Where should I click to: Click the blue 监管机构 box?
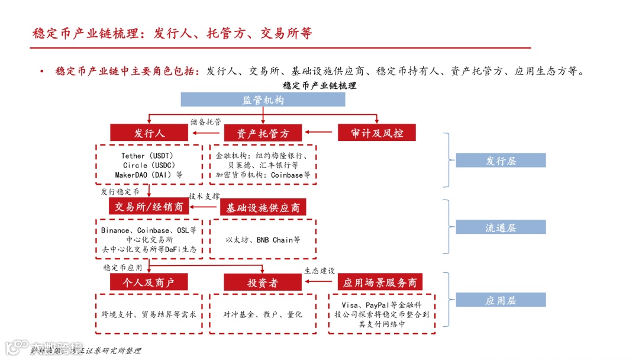[x=263, y=99]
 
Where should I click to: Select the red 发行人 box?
[x=149, y=133]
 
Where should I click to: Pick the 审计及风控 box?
[x=376, y=133]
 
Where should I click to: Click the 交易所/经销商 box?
[x=149, y=207]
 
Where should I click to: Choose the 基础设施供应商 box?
[x=263, y=207]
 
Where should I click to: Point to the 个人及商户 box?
[x=149, y=282]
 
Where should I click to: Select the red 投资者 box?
[x=263, y=282]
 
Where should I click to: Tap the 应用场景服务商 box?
[x=380, y=282]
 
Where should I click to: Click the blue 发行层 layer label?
[x=501, y=160]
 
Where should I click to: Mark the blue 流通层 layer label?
[x=501, y=227]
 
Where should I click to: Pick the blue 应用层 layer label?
[x=501, y=300]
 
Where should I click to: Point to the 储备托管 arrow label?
[x=206, y=122]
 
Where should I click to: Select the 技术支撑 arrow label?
[x=204, y=196]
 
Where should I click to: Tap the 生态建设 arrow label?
[x=319, y=271]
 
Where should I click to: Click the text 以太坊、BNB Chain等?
[x=263, y=240]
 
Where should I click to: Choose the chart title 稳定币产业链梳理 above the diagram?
[x=319, y=86]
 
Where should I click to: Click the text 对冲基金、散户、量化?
[x=263, y=314]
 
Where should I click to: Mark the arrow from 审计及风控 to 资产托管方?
[x=319, y=133]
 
